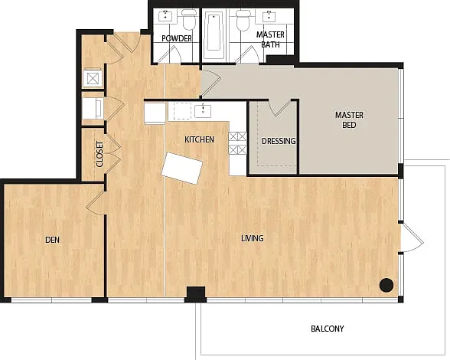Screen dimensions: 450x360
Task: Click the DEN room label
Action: (52, 240)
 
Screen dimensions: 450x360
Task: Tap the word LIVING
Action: (253, 238)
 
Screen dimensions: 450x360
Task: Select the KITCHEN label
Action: (199, 139)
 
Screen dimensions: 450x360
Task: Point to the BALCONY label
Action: (328, 329)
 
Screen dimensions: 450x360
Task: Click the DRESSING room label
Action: (279, 141)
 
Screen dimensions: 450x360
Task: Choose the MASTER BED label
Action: (349, 120)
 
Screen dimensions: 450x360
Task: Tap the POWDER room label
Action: (177, 38)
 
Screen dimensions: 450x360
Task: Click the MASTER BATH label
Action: (270, 39)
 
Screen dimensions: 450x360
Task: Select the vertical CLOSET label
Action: (99, 154)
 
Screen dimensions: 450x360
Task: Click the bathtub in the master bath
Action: (214, 33)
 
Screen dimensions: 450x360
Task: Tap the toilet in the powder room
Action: (189, 20)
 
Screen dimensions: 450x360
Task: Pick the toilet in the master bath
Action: (243, 20)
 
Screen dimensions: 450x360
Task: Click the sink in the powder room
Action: (166, 15)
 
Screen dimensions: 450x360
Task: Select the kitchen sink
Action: (203, 111)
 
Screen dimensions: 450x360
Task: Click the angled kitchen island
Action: (182, 169)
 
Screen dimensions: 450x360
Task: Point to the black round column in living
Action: (386, 285)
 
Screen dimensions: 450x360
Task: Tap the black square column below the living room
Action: (196, 294)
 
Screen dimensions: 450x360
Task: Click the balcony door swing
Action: (412, 238)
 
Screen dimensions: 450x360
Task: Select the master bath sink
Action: (269, 15)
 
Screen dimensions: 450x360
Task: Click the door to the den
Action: (96, 202)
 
